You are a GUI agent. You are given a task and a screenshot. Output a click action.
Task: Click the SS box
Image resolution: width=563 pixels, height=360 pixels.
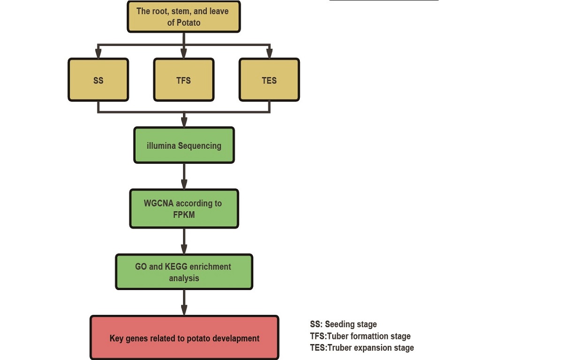98,80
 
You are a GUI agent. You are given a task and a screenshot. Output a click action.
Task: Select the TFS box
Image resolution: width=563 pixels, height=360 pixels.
184,80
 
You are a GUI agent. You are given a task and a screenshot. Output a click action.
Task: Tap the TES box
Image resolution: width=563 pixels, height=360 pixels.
269,80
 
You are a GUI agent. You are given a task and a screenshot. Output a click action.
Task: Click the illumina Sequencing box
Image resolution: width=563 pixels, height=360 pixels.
184,146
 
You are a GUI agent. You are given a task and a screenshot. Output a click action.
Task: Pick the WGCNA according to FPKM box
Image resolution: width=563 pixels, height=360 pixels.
184,209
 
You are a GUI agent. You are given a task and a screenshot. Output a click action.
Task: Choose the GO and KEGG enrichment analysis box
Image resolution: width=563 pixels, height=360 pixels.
184,272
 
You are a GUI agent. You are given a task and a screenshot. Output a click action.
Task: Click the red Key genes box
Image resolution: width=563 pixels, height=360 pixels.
184,338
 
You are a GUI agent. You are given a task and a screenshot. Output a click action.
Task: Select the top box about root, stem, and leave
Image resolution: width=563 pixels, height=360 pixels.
184,17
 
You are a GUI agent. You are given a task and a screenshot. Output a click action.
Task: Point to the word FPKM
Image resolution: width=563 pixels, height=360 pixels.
183,214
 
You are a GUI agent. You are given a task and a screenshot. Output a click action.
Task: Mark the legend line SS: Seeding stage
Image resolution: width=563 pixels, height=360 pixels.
343,324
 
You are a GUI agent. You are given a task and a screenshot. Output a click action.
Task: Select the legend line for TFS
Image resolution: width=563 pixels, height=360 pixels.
360,336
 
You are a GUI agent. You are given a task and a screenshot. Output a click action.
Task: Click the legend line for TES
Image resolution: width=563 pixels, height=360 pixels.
362,348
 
